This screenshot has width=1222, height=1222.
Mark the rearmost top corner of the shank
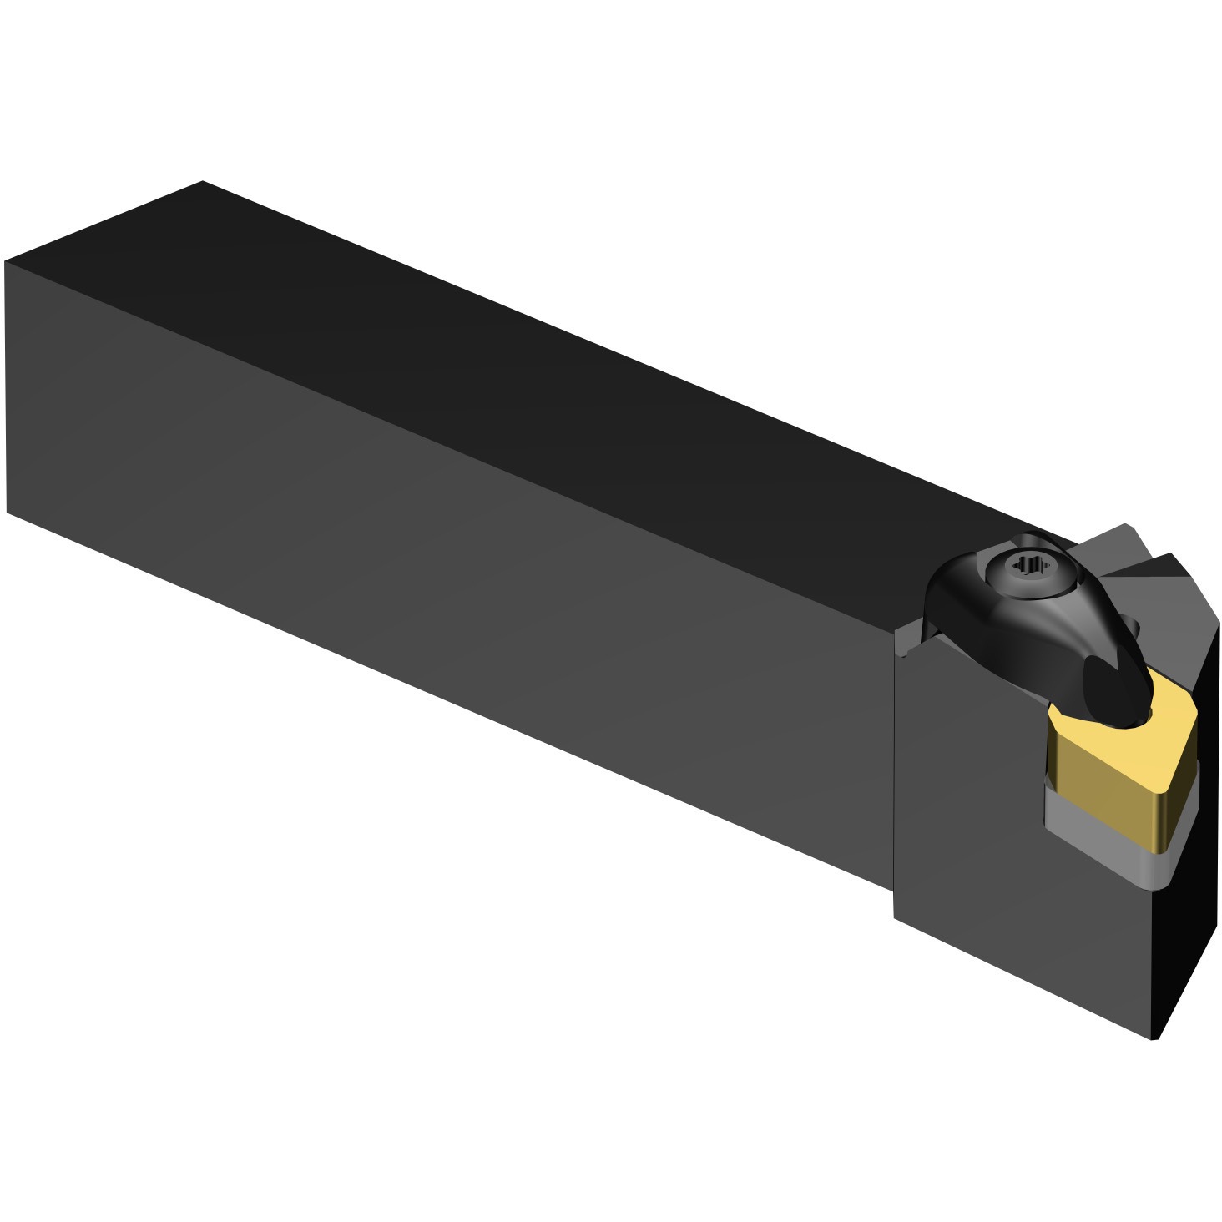[x=203, y=181]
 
